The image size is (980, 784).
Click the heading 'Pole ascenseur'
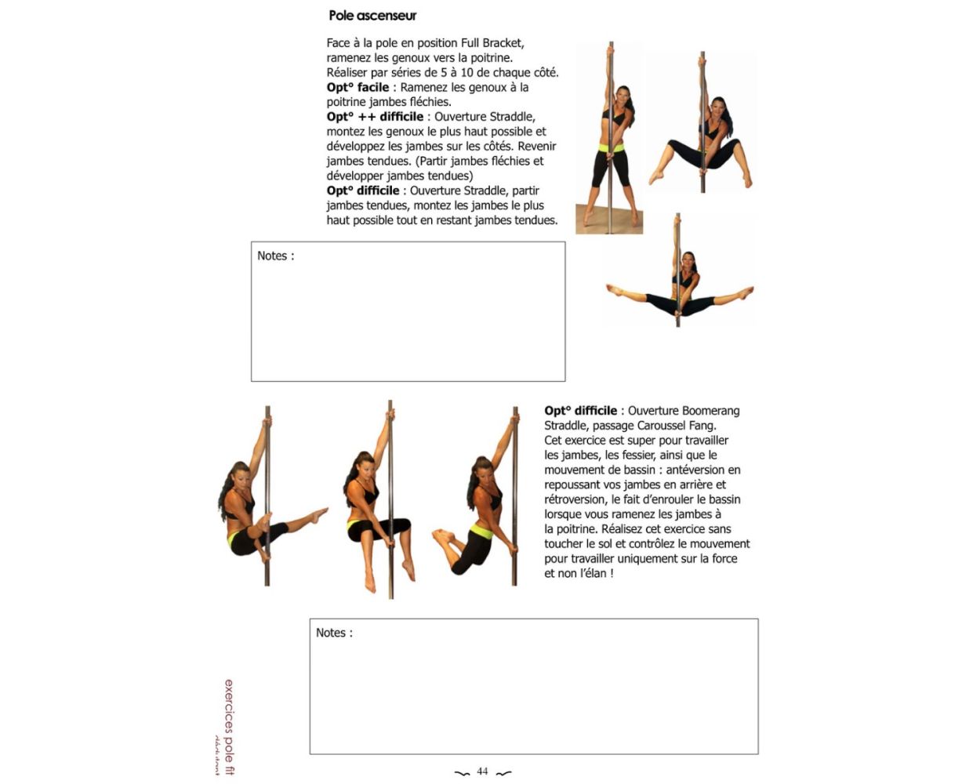tap(372, 16)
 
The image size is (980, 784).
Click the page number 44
tap(482, 771)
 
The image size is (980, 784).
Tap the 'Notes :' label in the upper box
tap(275, 256)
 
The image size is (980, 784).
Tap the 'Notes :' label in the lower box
tap(334, 633)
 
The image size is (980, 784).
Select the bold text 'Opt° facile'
tap(358, 87)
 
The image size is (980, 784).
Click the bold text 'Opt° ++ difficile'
tap(375, 117)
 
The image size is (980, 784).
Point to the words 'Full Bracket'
tap(492, 43)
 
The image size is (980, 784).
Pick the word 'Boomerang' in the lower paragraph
tap(711, 411)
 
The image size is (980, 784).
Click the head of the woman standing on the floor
tap(622, 98)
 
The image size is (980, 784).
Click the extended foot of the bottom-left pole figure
tap(320, 514)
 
